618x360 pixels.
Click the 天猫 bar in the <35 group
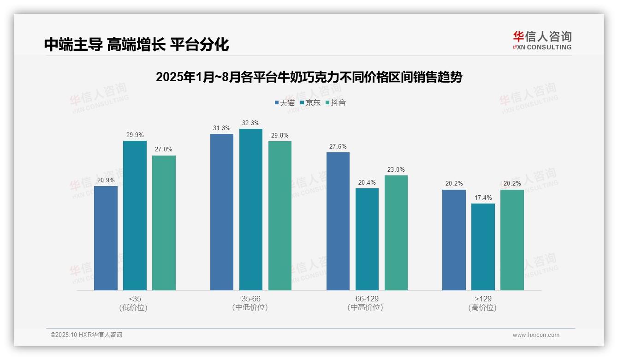106,238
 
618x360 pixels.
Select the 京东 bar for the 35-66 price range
251,210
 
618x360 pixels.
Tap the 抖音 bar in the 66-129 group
396,233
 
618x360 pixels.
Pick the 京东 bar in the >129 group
483,247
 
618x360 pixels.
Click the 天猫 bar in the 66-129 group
338,221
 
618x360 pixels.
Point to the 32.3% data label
251,123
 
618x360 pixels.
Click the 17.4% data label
483,198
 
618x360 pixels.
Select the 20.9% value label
106,180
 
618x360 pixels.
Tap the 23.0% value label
396,170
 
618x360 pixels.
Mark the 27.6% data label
338,147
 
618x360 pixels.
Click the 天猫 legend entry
285,102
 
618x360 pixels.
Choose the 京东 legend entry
310,102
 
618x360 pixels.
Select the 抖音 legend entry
336,102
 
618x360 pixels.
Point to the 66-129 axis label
367,303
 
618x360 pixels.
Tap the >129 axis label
483,303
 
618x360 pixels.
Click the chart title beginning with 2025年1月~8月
309,77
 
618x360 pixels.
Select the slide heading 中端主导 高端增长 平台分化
137,45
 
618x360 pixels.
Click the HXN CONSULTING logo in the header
542,41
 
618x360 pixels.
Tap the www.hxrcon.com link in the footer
536,335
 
